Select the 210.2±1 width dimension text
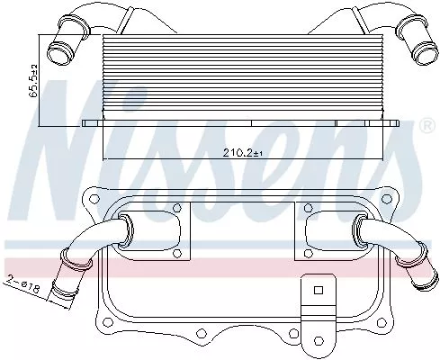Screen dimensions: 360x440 [240, 152]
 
